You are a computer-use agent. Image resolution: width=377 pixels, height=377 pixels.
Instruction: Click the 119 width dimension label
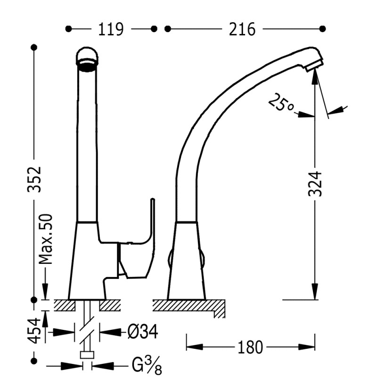click(111, 29)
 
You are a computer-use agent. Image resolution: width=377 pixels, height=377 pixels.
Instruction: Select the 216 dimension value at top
click(242, 29)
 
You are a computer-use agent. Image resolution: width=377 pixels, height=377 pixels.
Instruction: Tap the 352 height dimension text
click(34, 179)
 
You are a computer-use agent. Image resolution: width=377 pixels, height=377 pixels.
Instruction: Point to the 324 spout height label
click(315, 183)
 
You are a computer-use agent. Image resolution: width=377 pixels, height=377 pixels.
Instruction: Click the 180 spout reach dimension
click(250, 347)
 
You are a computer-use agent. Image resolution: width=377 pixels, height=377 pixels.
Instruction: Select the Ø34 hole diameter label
click(143, 332)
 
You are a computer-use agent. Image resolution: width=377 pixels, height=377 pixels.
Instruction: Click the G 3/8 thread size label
click(147, 365)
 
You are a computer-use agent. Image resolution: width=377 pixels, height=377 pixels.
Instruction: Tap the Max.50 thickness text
click(46, 239)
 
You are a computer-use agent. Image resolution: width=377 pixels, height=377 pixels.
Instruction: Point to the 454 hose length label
click(34, 331)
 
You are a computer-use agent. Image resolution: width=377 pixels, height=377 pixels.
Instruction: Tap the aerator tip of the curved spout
click(314, 66)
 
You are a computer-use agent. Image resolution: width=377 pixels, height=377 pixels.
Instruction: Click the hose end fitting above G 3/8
click(87, 355)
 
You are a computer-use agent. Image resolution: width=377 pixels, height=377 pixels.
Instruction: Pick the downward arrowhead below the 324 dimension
click(315, 291)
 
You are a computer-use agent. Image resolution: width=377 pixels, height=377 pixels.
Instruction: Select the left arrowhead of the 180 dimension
click(195, 347)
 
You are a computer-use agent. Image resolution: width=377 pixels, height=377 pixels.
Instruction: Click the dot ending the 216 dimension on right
click(323, 29)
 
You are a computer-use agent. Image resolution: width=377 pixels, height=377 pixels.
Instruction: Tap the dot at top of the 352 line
click(34, 47)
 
